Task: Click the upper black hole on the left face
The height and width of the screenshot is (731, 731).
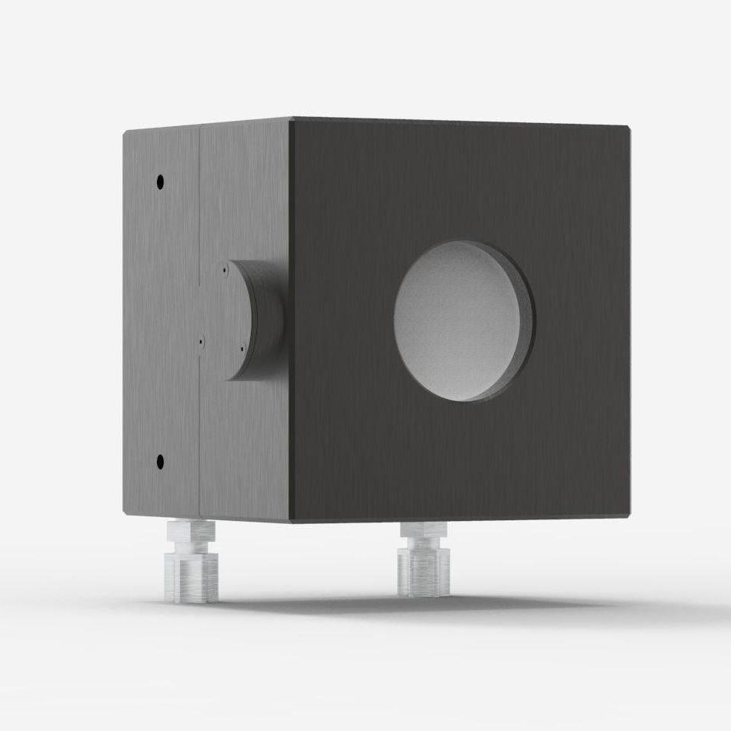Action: coord(160,182)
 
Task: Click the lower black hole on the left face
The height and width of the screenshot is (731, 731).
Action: coord(160,462)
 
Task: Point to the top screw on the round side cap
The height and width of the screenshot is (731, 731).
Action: coord(223,271)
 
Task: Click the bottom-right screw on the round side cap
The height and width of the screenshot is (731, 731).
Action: coord(242,351)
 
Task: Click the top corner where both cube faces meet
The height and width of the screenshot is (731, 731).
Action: coord(291,118)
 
